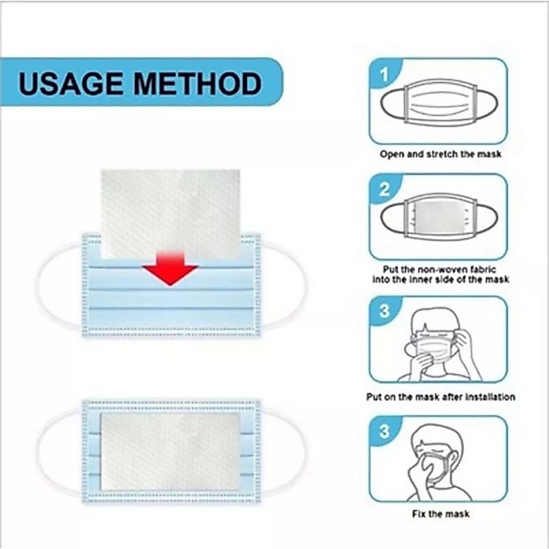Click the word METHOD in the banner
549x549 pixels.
click(198, 83)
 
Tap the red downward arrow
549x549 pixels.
click(170, 268)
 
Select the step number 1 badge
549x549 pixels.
click(384, 74)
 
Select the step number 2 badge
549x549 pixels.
click(384, 189)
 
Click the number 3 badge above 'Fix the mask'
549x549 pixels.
click(384, 431)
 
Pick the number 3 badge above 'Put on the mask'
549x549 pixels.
click(384, 311)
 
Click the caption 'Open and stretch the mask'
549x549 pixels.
click(441, 154)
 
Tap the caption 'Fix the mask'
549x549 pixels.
click(441, 514)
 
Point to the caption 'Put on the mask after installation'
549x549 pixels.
click(441, 397)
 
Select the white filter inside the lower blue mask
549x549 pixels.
click(170, 452)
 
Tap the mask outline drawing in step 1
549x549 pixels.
click(406, 102)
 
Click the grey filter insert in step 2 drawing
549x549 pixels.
click(440, 218)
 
